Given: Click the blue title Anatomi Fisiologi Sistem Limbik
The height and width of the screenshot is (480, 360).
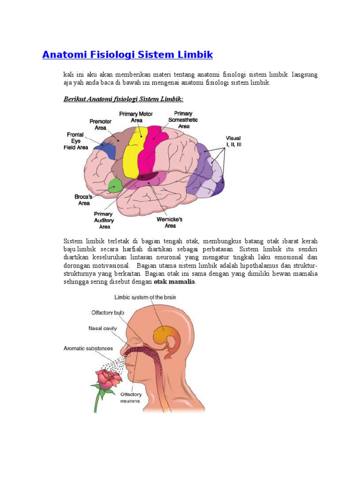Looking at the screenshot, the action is point(127,55).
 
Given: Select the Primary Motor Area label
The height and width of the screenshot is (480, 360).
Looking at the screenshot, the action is point(136,117).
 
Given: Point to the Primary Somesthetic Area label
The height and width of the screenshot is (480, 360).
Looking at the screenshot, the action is point(183,120).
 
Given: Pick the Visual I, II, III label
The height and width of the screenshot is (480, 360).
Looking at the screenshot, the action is point(233,142).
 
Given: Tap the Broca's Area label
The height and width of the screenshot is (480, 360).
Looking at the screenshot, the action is point(83,200).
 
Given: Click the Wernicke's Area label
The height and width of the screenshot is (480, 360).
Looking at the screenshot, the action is point(169,222).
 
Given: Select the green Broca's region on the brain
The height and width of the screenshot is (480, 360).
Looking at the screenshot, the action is point(114,186).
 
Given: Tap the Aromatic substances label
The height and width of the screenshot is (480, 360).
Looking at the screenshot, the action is point(89,348).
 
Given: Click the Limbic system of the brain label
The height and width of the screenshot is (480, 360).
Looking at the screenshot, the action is point(145,297).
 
